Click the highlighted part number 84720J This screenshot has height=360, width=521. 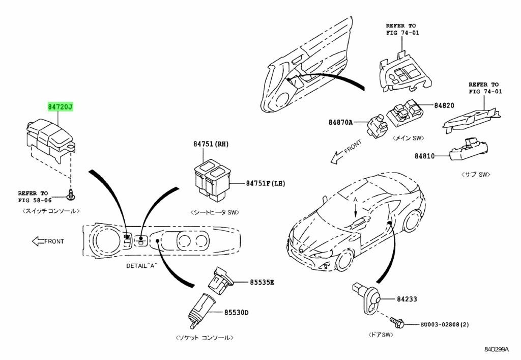[61, 107]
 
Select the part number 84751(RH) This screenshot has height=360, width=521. [211, 144]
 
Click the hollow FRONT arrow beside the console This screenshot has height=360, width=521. [39, 241]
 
